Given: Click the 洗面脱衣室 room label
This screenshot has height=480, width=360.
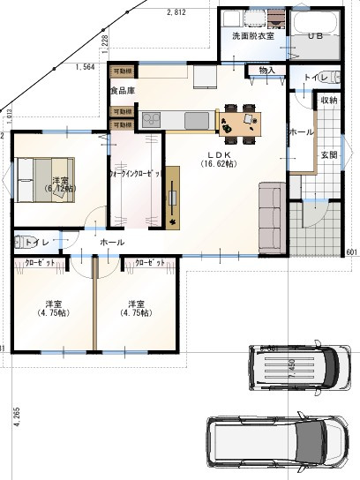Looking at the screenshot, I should tap(253, 37).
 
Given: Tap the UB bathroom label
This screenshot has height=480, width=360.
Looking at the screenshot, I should tap(315, 37).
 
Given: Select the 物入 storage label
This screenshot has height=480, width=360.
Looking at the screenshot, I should tap(267, 70).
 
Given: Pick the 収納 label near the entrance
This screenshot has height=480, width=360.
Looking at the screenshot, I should tap(329, 101).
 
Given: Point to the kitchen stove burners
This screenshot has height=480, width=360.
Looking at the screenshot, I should tap(147, 118).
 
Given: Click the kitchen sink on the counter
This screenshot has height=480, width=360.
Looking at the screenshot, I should tap(195, 119).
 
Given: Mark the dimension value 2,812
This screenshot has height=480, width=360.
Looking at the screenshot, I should tap(177, 12).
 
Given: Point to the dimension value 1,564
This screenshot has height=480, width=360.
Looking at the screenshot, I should tap(86, 67).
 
